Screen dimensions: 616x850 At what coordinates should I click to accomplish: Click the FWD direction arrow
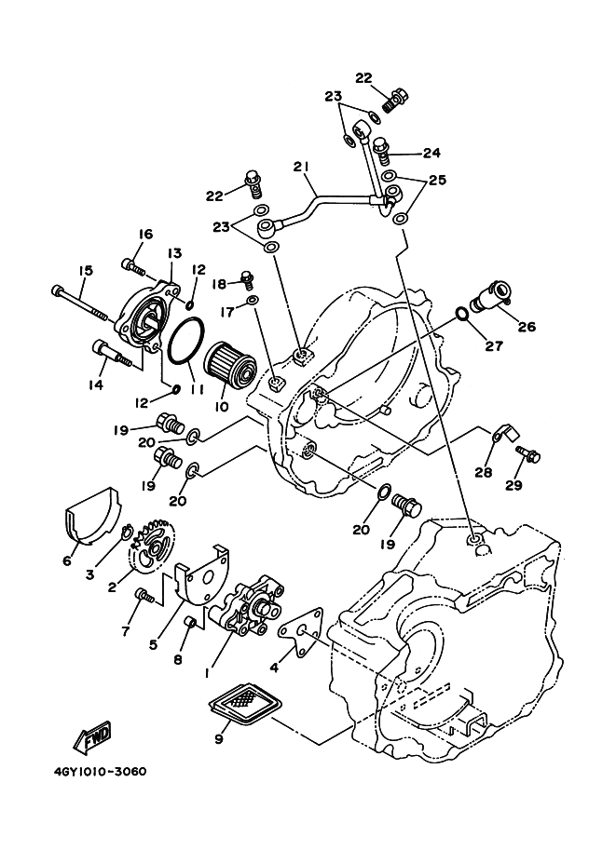(92, 737)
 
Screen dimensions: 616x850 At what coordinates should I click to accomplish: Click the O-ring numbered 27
(460, 314)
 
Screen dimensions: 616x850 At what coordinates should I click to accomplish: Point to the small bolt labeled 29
(528, 454)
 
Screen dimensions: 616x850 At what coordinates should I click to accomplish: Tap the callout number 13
(174, 252)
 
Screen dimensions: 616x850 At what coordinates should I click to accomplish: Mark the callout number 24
(432, 153)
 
